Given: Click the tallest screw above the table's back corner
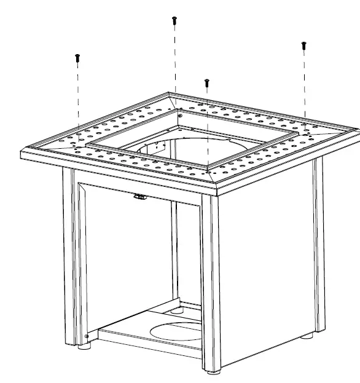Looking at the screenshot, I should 174,20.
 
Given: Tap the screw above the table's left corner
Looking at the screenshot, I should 78,57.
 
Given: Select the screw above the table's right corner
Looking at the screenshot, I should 303,45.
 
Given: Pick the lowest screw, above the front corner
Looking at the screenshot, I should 207,82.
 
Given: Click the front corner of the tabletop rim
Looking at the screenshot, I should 215,188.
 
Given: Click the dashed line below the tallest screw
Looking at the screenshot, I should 175,61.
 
